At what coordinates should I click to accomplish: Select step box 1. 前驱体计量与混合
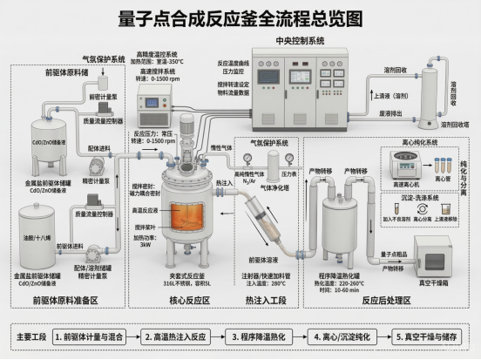point(92,336)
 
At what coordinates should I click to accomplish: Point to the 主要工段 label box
point(30,336)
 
